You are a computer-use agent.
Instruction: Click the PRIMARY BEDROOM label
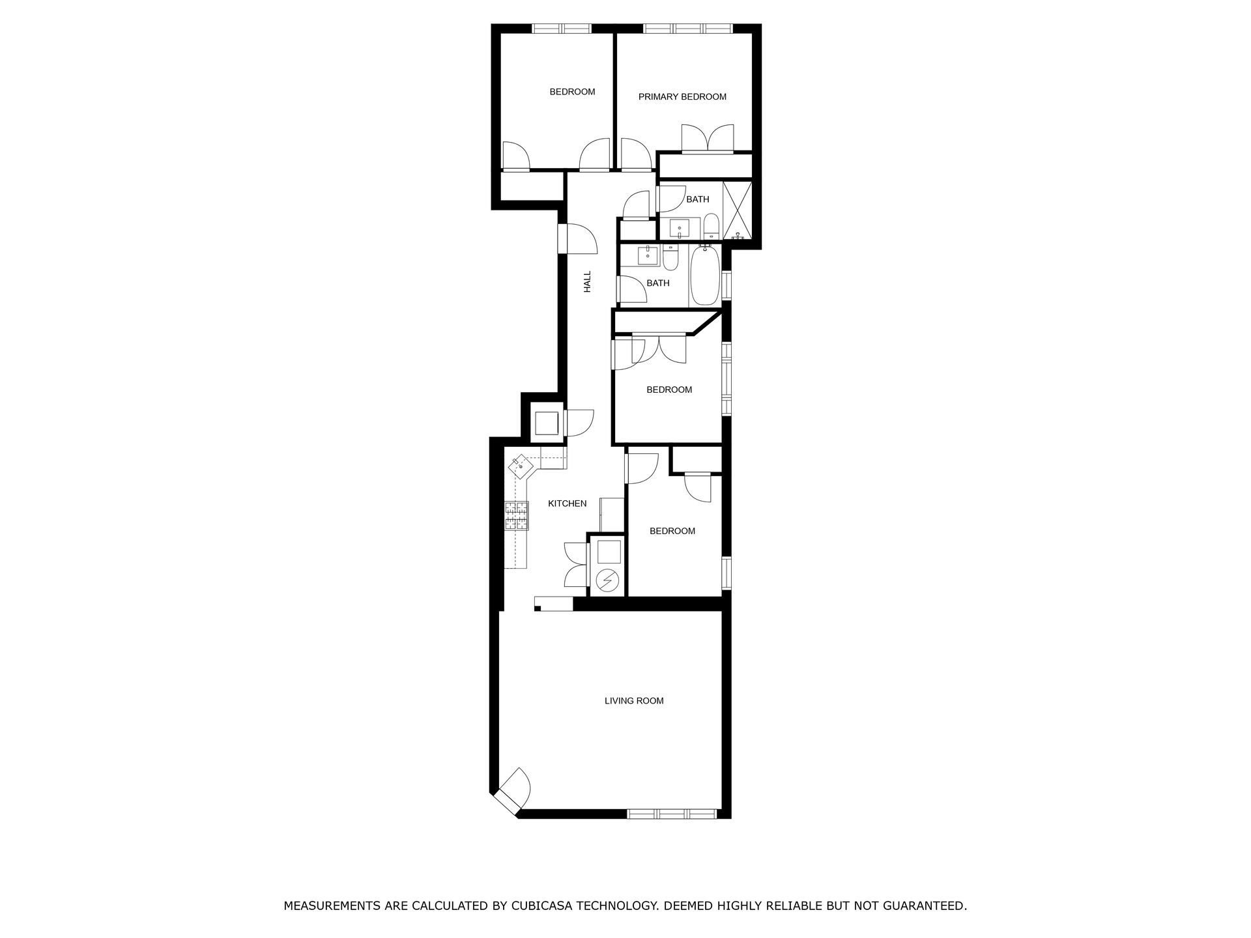tap(682, 97)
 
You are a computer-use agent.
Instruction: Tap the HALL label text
tap(587, 281)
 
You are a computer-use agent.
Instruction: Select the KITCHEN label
tap(567, 504)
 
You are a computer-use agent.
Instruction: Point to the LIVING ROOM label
tap(634, 701)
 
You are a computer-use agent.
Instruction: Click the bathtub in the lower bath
tap(704, 276)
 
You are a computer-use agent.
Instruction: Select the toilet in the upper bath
tap(711, 225)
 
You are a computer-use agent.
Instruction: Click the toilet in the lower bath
tap(671, 257)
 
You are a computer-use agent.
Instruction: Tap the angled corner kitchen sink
tap(521, 466)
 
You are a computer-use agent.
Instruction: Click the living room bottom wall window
tap(672, 814)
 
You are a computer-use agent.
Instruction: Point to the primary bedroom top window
tap(688, 28)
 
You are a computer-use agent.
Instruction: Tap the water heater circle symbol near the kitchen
tap(608, 580)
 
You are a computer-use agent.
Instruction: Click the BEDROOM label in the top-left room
tap(572, 92)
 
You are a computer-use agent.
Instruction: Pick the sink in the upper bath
tap(680, 228)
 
